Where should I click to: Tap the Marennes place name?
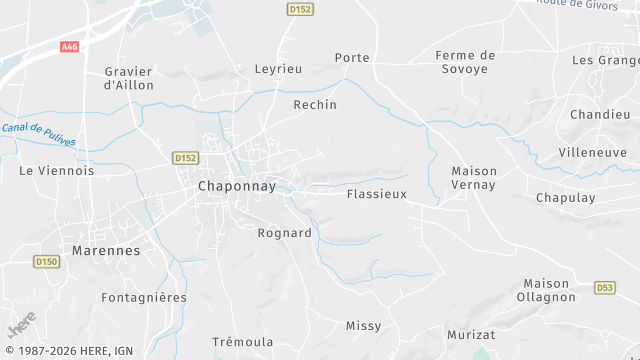[x=106, y=250]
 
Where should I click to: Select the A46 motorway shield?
[x=69, y=47]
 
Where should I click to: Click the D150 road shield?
[x=46, y=262]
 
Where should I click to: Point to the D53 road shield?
[x=604, y=288]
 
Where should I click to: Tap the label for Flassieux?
[x=376, y=194]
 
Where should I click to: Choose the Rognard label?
[x=285, y=233]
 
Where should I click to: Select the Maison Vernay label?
[x=474, y=178]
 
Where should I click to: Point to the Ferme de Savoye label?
[x=467, y=62]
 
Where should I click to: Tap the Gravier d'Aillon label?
[x=128, y=78]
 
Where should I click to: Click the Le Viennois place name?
[x=57, y=171]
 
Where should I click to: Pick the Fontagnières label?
[x=144, y=298]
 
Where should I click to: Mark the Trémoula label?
[x=244, y=342]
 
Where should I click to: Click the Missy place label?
[x=363, y=326]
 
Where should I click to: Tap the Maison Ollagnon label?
[x=546, y=290]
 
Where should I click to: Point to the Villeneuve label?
[x=593, y=153]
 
